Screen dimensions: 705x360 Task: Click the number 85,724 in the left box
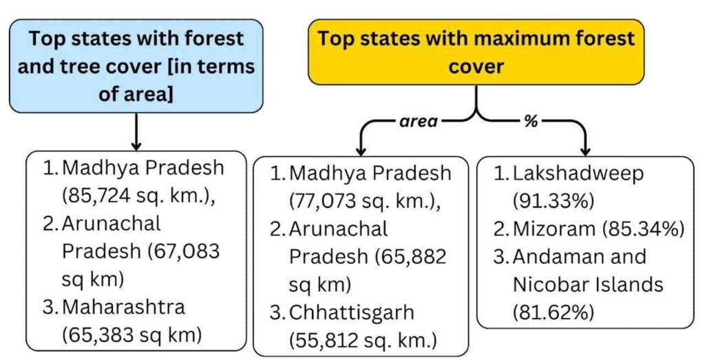tap(99, 195)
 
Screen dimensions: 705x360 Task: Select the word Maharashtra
tap(124, 307)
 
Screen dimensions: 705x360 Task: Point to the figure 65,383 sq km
tap(131, 335)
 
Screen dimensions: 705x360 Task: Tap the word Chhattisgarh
tap(351, 313)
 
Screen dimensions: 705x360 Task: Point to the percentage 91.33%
tap(554, 202)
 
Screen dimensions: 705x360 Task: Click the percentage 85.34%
tap(643, 229)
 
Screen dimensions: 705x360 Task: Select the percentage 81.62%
tap(554, 313)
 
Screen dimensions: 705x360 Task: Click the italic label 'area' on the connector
tap(418, 121)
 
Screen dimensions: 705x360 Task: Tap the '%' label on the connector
tap(531, 121)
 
